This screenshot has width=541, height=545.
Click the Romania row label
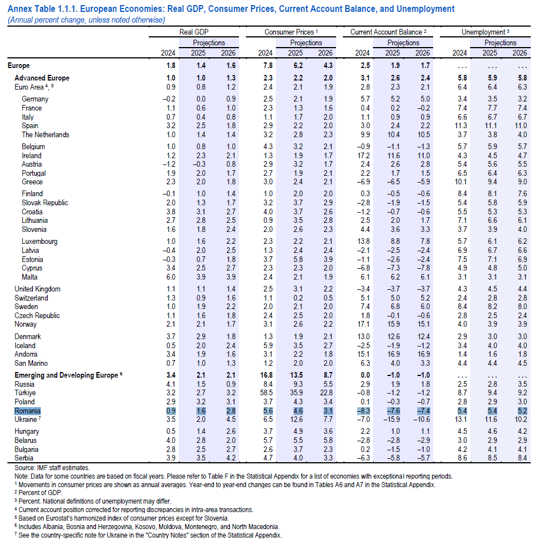[x=27, y=411]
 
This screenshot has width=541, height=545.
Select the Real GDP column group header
[x=194, y=32]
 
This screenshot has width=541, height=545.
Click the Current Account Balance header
[x=388, y=32]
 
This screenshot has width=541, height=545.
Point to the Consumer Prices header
[x=291, y=32]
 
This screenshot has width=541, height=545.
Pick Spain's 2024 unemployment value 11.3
[x=461, y=126]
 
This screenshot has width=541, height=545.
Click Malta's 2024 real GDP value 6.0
[x=170, y=277]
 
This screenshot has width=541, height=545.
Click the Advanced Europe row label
[x=42, y=78]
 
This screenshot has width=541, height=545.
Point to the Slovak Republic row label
[x=45, y=202]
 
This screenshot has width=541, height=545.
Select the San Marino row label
[x=31, y=363]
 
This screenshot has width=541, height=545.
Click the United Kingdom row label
[x=37, y=289]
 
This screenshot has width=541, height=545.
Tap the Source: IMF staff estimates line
[x=52, y=468]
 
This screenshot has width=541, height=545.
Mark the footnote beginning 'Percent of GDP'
[x=39, y=493]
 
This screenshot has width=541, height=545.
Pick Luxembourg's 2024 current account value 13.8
[x=363, y=241]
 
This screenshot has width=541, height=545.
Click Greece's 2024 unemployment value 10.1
[x=461, y=182]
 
